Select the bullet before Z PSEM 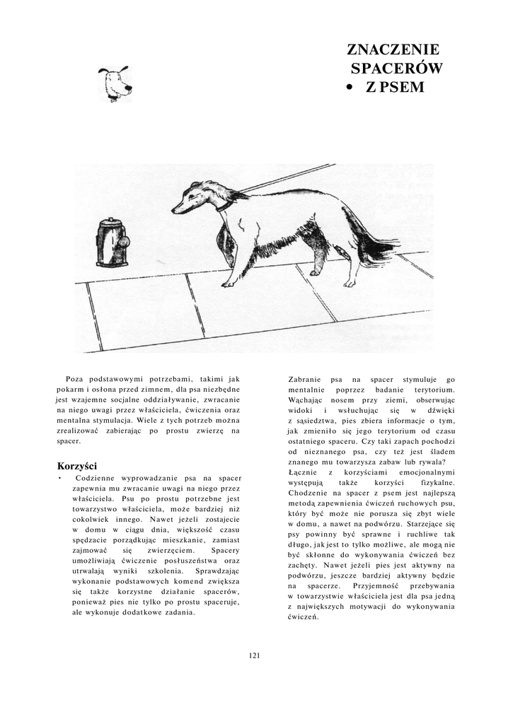click(349, 88)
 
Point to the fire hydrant click(112, 242)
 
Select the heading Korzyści click(76, 466)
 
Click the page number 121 click(255, 655)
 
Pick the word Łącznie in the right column click(306, 471)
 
